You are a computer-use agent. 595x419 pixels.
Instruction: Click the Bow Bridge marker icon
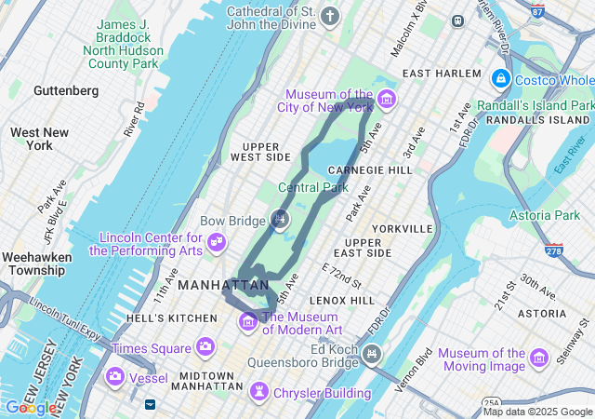(279, 220)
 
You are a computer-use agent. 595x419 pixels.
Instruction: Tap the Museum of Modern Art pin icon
(248, 321)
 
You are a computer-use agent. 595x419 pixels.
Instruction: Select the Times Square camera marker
(205, 347)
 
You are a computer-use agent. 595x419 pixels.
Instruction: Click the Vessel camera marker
(115, 376)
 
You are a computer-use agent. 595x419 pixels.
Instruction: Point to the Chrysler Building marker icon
(259, 393)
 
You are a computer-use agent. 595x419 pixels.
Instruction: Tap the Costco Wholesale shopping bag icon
(501, 78)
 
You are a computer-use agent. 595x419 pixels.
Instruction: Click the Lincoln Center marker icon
(217, 243)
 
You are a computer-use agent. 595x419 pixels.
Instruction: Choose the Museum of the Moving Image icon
(538, 358)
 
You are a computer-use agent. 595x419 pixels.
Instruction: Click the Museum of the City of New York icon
(386, 99)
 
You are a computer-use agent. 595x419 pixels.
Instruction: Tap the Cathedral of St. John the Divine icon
(330, 16)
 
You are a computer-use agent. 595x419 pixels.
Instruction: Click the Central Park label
(312, 187)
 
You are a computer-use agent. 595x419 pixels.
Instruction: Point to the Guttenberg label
(65, 90)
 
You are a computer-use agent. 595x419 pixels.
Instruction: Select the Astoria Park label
(544, 215)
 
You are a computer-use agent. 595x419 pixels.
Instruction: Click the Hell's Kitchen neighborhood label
(171, 318)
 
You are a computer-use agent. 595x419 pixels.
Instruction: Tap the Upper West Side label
(267, 152)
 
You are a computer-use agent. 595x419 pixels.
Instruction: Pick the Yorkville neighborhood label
(402, 228)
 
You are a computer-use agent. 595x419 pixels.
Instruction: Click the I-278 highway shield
(554, 250)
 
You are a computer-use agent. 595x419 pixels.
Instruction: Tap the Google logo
(30, 407)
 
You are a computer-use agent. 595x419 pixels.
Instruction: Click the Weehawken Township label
(33, 263)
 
